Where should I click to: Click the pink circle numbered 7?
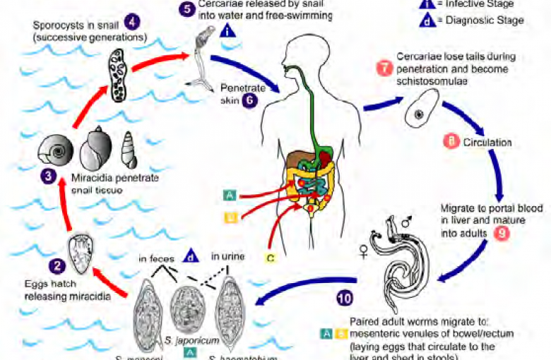[x=384, y=68]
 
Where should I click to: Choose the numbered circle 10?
[x=345, y=299]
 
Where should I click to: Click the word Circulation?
[x=487, y=142]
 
